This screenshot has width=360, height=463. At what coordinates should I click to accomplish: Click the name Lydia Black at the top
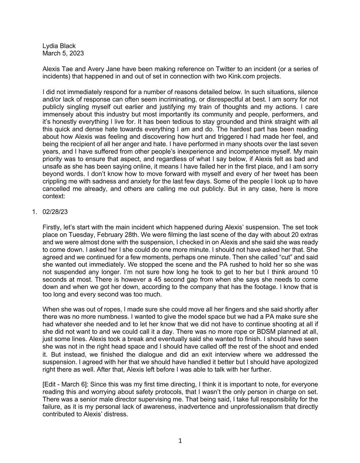coord(59,46)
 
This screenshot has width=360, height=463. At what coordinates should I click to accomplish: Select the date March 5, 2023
coord(63,53)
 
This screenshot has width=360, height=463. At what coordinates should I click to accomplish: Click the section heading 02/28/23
coord(55,212)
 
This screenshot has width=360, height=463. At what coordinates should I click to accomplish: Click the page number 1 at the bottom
coord(180,441)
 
